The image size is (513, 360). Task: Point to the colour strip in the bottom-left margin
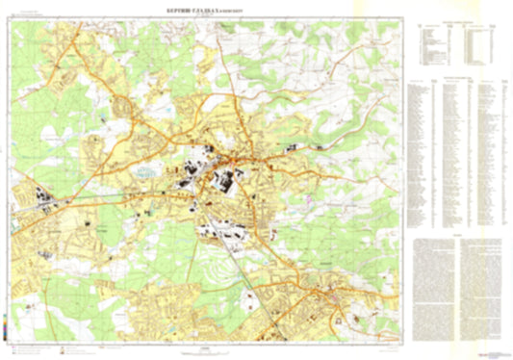coord(5,333)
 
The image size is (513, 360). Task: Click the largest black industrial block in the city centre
coord(230,180)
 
